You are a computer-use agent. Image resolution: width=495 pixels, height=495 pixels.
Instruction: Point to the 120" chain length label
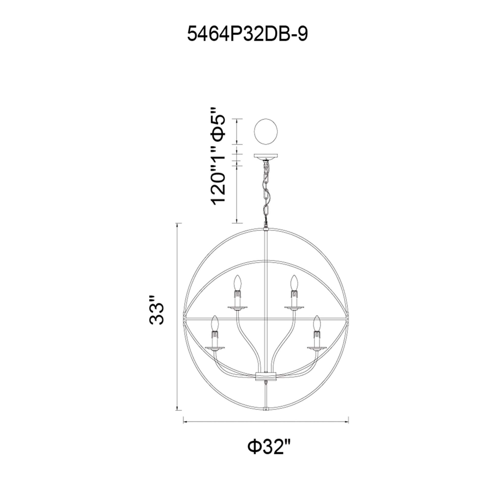(x=218, y=190)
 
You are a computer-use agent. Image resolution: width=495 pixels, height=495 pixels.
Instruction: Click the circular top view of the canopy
(x=266, y=133)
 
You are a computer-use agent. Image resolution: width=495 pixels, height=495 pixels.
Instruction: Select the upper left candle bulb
(x=238, y=284)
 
